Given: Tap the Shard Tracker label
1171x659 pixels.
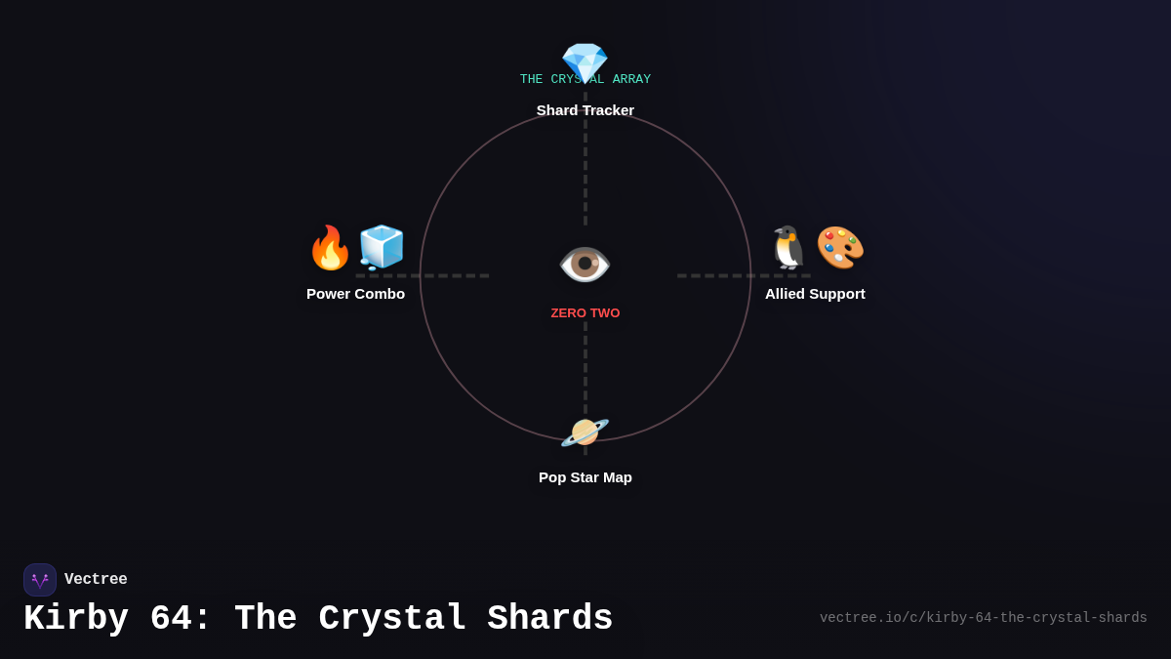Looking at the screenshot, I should pos(585,110).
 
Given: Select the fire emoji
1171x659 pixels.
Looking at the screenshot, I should pos(330,248).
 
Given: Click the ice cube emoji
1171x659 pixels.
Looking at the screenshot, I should pos(382,248).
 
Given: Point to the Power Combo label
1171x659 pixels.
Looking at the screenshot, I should pos(355,294).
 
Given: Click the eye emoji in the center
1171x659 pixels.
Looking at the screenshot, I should pos(585,265).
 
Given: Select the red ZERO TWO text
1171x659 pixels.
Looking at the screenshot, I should pos(585,313).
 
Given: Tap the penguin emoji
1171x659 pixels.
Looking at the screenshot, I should pos(788,248).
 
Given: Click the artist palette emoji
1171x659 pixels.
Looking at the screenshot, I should pos(840,248).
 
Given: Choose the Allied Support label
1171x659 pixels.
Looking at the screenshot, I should pos(815,294).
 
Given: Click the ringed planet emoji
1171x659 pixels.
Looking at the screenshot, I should pos(585,432).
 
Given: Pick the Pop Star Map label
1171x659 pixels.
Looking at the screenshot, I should pos(585,477).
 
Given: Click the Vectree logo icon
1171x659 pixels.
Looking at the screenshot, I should pos(40,580).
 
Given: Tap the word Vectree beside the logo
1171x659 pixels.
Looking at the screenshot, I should pos(96,580).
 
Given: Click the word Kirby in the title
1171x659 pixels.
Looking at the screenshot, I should pos(76,619).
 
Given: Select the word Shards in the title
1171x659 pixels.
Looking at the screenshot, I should pos(550,619).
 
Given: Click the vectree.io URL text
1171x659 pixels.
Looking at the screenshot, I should pos(983,618).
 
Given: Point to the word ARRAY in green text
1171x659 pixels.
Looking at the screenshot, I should pos(631,80).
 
